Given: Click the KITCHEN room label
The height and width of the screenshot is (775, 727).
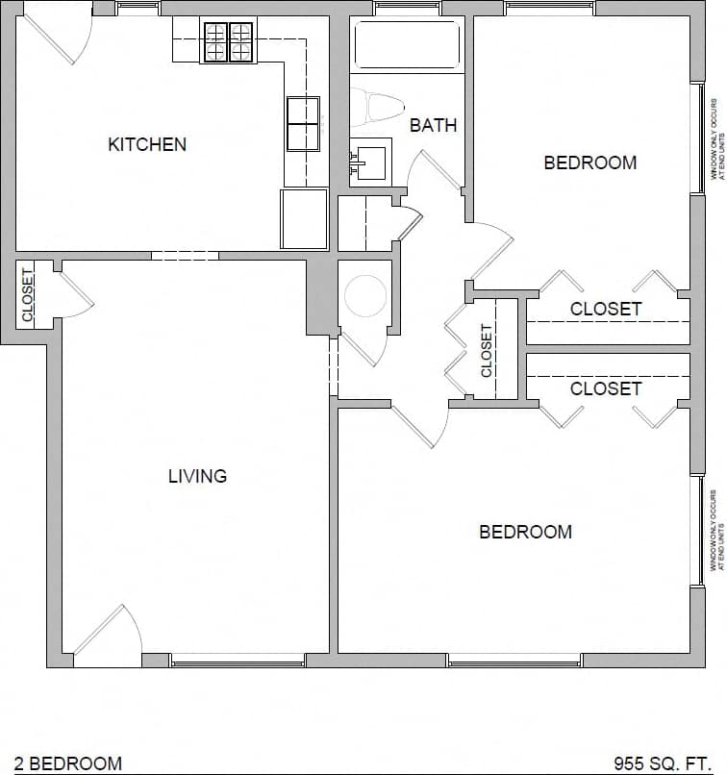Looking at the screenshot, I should click(x=147, y=145).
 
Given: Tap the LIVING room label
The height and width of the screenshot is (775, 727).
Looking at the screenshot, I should click(x=197, y=476).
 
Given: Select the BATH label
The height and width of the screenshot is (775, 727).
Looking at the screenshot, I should click(x=433, y=125).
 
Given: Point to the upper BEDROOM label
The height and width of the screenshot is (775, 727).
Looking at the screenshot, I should click(x=589, y=162).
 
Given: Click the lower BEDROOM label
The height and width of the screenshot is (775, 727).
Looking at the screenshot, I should click(x=525, y=532).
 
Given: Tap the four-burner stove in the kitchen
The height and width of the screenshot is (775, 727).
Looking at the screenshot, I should click(x=228, y=42).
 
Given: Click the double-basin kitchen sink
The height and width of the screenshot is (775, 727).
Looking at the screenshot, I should click(x=303, y=123).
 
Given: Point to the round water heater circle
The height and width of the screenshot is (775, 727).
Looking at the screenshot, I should click(x=364, y=296).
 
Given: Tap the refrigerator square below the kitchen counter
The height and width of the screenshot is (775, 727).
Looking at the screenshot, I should click(x=303, y=218).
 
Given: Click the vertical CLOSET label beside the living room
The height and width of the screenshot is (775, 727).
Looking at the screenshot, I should click(x=27, y=294).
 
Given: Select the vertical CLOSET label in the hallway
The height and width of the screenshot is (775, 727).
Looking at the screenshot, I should click(x=487, y=350).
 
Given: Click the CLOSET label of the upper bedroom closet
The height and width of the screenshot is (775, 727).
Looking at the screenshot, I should click(x=605, y=309).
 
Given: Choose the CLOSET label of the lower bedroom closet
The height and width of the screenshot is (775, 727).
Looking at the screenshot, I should click(x=605, y=388).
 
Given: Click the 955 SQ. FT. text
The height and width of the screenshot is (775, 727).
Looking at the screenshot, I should click(x=662, y=763).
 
